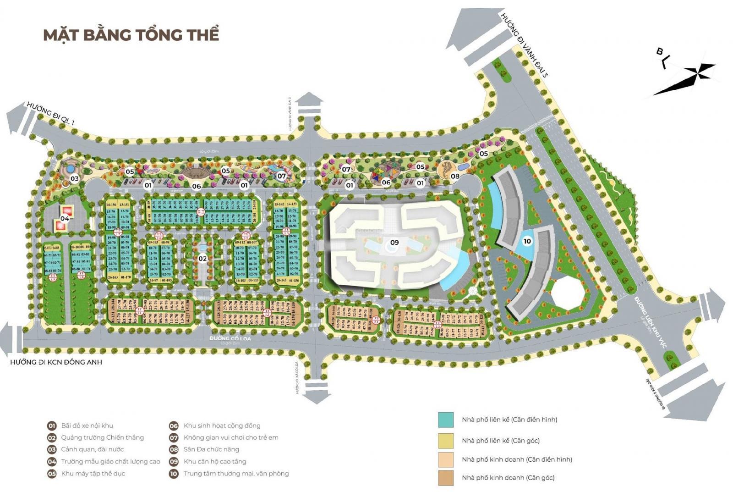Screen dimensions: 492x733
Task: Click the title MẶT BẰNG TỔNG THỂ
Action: coord(131,35)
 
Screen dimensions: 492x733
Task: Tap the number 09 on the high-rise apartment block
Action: coord(394,242)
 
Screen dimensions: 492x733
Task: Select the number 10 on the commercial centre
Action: coord(527,241)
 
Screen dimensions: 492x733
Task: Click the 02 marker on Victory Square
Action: coord(202,258)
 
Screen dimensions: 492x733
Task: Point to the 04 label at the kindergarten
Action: coord(65,218)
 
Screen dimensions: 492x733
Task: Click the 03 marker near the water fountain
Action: coord(74,178)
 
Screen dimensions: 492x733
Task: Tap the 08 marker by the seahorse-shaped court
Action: coord(455,176)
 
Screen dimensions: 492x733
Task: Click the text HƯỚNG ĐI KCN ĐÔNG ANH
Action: coord(56,362)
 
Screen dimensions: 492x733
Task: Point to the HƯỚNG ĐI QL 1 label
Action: coord(51,113)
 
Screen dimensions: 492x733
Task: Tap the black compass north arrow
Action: coord(685,78)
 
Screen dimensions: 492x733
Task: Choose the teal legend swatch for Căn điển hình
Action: coord(445,420)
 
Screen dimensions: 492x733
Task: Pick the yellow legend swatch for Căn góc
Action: coord(445,441)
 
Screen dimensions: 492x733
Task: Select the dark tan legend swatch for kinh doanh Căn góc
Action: coord(445,478)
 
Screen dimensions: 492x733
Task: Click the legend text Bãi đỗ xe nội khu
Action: coord(87,426)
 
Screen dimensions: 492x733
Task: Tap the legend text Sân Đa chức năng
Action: coord(211,449)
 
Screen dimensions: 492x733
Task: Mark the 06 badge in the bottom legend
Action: coord(174,426)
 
